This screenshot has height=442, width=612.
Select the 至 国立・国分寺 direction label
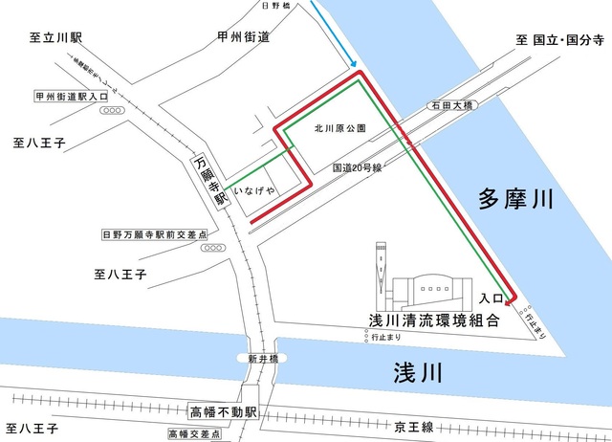[560, 40]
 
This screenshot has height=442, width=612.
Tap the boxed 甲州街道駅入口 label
[73, 97]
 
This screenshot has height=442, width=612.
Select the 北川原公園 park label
[336, 127]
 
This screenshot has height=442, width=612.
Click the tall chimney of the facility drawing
[382, 268]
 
